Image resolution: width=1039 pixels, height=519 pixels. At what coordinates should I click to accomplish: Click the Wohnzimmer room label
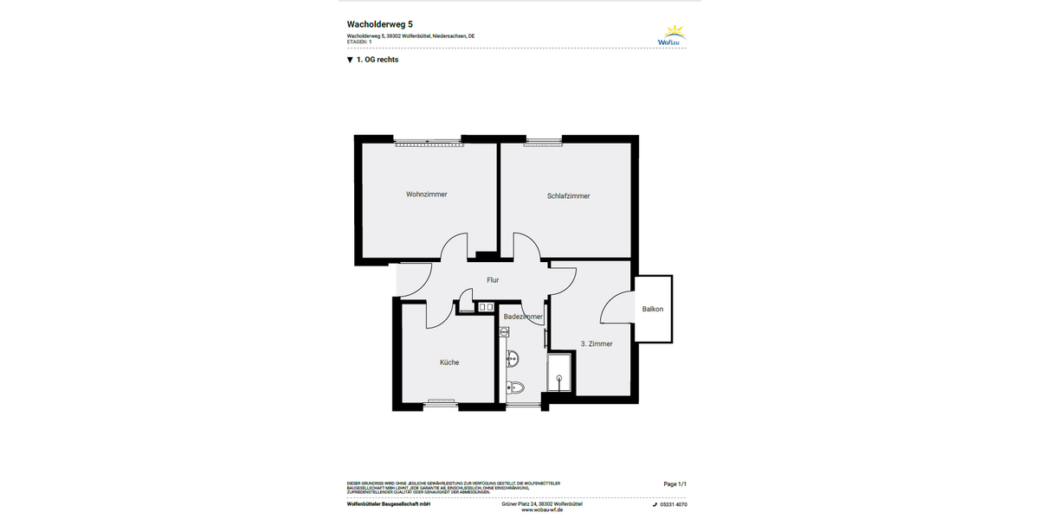(x=427, y=195)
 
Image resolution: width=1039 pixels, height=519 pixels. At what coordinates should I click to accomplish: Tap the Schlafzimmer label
(x=568, y=196)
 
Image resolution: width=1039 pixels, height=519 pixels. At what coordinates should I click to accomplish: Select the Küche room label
(x=449, y=362)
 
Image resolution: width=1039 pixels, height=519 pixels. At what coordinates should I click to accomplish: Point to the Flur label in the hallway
(x=493, y=280)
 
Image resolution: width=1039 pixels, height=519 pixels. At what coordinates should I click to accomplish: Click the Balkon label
(x=653, y=309)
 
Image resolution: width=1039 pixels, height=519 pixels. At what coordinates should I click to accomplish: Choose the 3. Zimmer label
(x=596, y=343)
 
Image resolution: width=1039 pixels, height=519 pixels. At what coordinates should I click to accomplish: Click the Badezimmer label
(x=523, y=317)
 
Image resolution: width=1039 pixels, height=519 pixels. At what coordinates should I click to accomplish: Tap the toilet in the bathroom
(x=514, y=388)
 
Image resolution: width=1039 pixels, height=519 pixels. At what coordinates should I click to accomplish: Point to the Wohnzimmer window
(x=428, y=141)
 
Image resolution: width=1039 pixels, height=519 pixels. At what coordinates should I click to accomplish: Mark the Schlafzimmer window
(x=543, y=141)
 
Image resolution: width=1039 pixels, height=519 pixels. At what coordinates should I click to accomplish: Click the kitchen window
(x=441, y=402)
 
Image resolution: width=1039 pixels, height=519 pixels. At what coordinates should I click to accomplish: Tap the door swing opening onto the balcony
(x=618, y=308)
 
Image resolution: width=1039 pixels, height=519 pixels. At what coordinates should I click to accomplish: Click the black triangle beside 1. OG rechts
(x=350, y=61)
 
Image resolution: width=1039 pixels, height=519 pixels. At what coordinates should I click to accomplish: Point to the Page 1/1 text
(x=675, y=484)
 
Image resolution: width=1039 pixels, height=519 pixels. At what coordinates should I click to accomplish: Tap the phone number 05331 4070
(x=673, y=504)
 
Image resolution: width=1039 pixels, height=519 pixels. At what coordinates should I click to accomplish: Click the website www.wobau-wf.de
(x=542, y=510)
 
